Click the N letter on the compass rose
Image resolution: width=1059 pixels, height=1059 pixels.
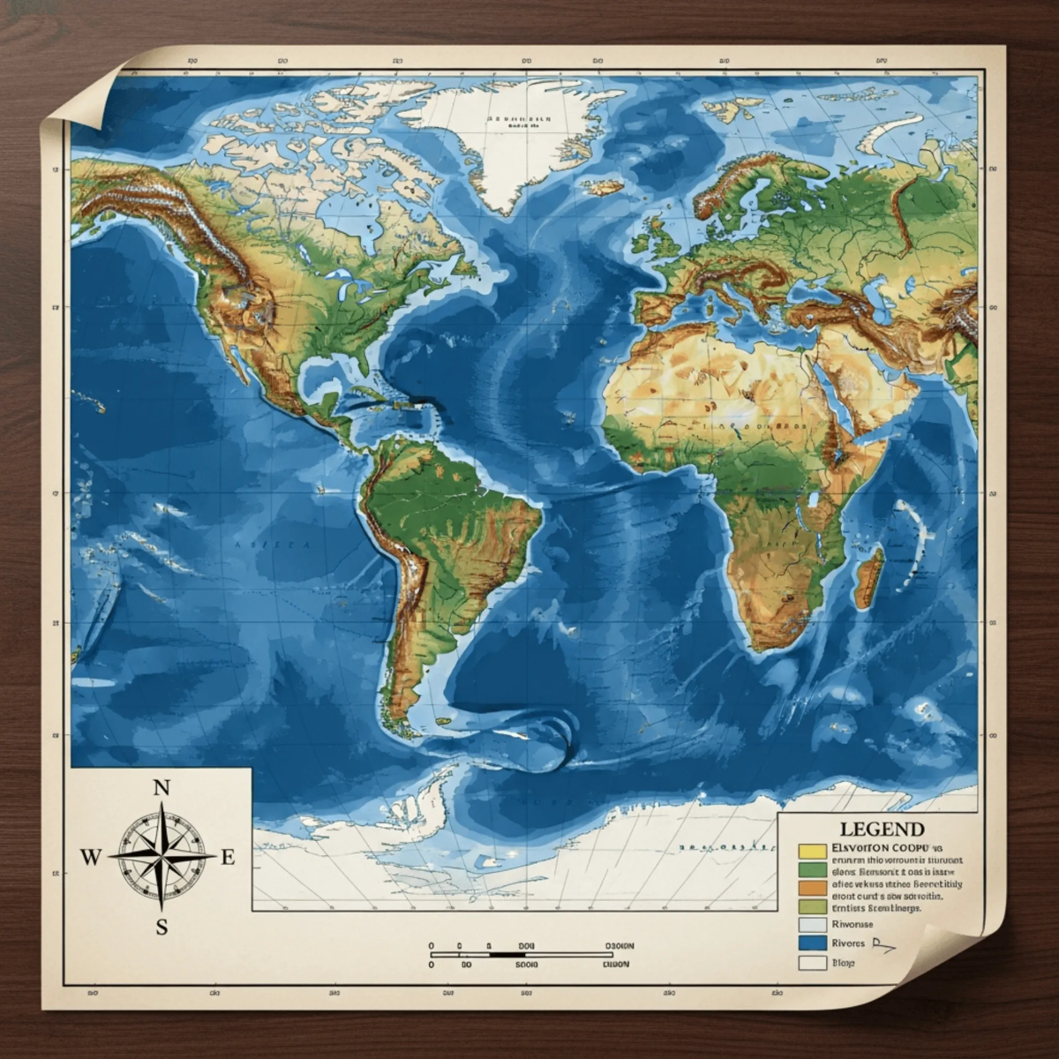click(x=161, y=789)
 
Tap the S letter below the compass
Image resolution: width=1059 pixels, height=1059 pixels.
click(x=161, y=926)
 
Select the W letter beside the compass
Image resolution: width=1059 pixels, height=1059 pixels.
click(x=90, y=856)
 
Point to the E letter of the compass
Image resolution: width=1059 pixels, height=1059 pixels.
click(x=228, y=856)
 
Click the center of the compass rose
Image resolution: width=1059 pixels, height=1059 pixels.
click(x=161, y=855)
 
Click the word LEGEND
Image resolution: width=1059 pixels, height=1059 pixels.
click(x=882, y=830)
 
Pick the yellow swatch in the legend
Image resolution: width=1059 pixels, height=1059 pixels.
click(x=811, y=851)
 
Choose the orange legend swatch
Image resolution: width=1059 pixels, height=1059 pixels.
click(x=811, y=887)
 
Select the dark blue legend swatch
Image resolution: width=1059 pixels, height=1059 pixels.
click(x=811, y=943)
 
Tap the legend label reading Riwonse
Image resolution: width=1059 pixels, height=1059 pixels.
click(x=852, y=924)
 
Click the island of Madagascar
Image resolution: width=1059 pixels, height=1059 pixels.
click(x=870, y=569)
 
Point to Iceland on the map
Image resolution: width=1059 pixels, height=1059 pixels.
click(x=602, y=188)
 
